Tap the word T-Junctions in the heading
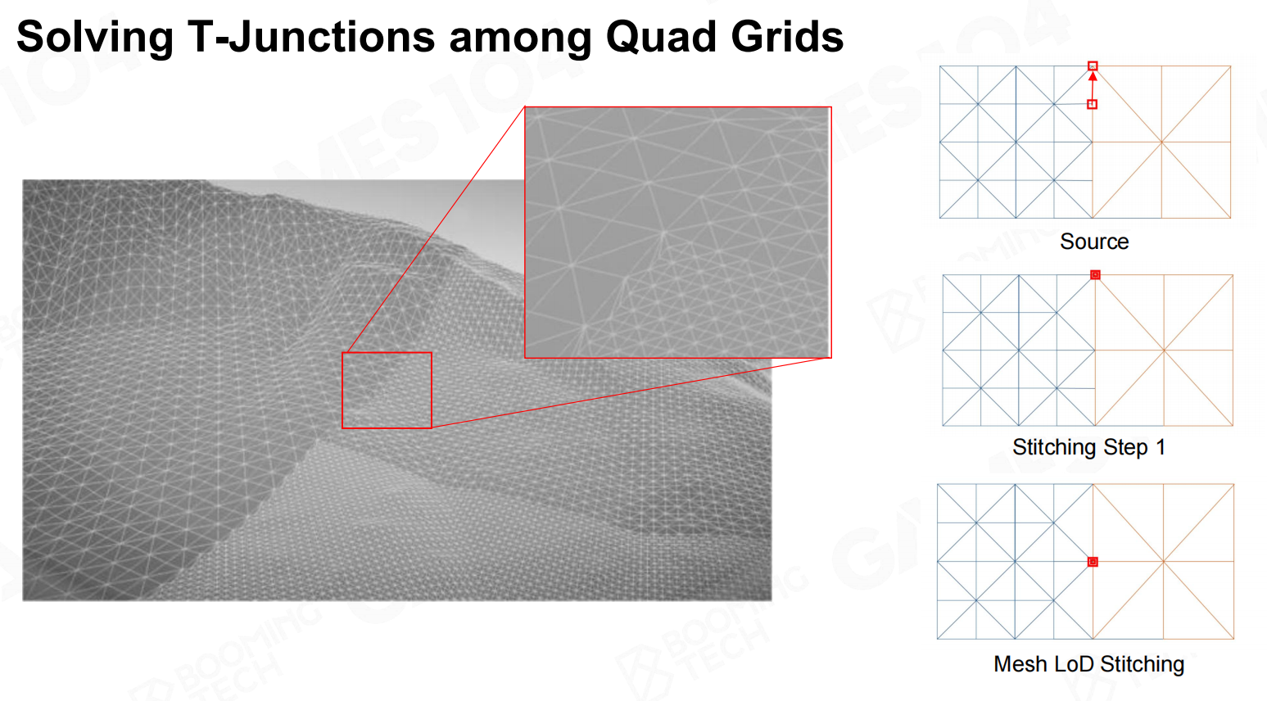tap(310, 37)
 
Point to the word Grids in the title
tap(787, 37)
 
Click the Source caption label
tap(1094, 242)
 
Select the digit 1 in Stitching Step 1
tap(1161, 447)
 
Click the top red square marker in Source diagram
tap(1093, 66)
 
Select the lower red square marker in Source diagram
tap(1093, 104)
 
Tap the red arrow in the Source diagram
tap(1093, 85)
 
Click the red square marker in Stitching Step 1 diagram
tap(1095, 274)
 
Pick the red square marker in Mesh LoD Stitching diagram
tap(1093, 562)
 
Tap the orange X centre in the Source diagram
tap(1162, 142)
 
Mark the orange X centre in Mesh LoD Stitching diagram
tap(1164, 562)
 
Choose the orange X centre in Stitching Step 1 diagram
tap(1164, 350)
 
